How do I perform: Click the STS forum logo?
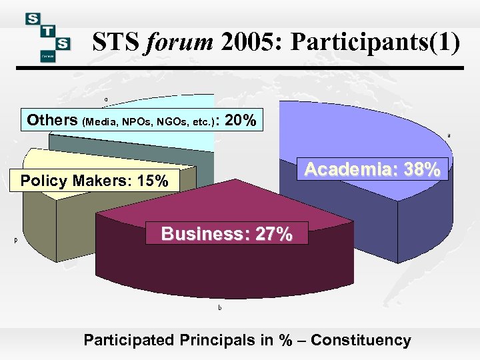pyautogui.click(x=48, y=37)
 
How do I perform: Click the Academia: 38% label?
pyautogui.click(x=372, y=170)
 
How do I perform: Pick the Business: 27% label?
pyautogui.click(x=227, y=234)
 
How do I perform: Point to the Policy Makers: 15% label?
pyautogui.click(x=95, y=180)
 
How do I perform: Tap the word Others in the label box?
pyautogui.click(x=52, y=121)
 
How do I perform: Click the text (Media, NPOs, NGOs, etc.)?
pyautogui.click(x=149, y=122)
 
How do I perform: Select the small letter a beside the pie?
pyautogui.click(x=449, y=136)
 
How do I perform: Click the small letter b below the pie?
pyautogui.click(x=220, y=308)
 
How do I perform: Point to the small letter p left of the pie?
pyautogui.click(x=15, y=241)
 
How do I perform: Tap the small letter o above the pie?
pyautogui.click(x=105, y=100)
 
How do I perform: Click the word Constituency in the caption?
pyautogui.click(x=361, y=340)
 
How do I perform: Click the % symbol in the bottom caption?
pyautogui.click(x=285, y=340)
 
